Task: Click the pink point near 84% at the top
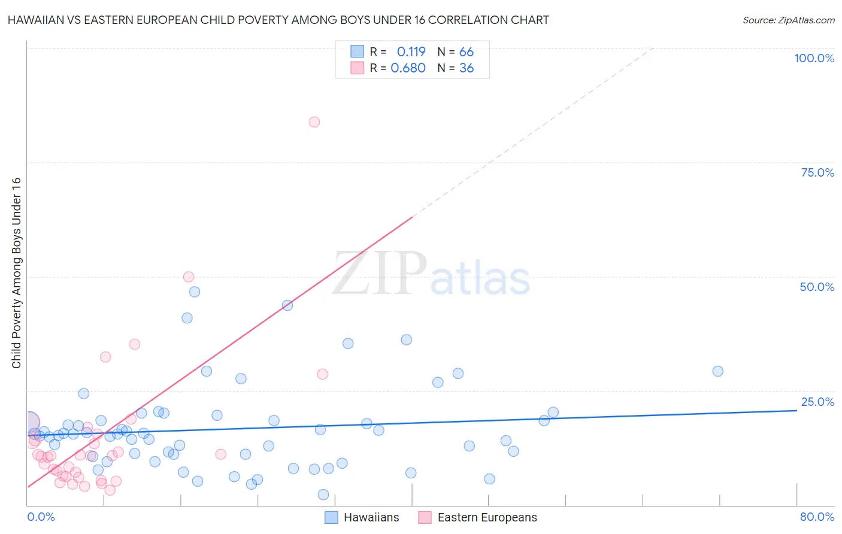tap(314, 122)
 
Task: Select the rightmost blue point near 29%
tap(717, 371)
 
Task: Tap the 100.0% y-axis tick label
tap(814, 58)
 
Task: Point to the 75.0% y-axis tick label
tap(817, 172)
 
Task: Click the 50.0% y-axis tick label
tap(817, 287)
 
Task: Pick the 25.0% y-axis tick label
tap(817, 401)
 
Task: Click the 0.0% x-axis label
tap(41, 517)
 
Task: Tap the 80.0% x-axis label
tap(817, 517)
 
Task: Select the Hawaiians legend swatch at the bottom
tap(331, 517)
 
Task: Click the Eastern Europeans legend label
tap(487, 517)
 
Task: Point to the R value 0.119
tap(411, 51)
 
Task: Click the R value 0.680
tap(408, 68)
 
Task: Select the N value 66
tap(466, 51)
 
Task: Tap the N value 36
tap(466, 68)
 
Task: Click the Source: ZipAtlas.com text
tap(788, 20)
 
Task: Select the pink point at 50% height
tap(189, 277)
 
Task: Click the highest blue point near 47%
tap(195, 292)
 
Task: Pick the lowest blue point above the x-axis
tap(323, 494)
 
